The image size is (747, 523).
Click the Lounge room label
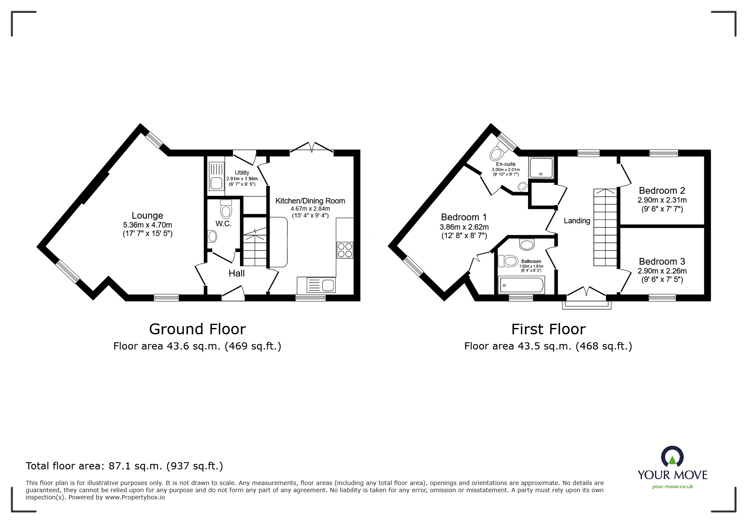(x=147, y=216)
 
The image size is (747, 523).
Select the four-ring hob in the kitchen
(x=345, y=250)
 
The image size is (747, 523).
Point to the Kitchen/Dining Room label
(x=310, y=201)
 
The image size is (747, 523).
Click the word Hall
(x=237, y=274)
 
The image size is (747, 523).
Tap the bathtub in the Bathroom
(x=521, y=285)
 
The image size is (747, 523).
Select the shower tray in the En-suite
(x=541, y=168)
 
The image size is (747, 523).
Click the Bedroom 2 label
(x=662, y=190)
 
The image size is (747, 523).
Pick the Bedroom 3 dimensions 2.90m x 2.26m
(x=662, y=271)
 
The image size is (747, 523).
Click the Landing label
(x=577, y=221)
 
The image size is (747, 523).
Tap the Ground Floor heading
(x=197, y=329)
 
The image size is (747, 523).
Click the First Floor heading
(x=548, y=329)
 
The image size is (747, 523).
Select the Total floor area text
(x=124, y=466)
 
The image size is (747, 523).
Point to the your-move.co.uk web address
(x=672, y=487)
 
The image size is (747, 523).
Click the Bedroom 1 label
(x=464, y=217)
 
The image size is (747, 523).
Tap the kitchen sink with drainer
(x=316, y=285)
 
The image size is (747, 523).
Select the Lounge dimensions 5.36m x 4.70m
(x=147, y=225)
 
